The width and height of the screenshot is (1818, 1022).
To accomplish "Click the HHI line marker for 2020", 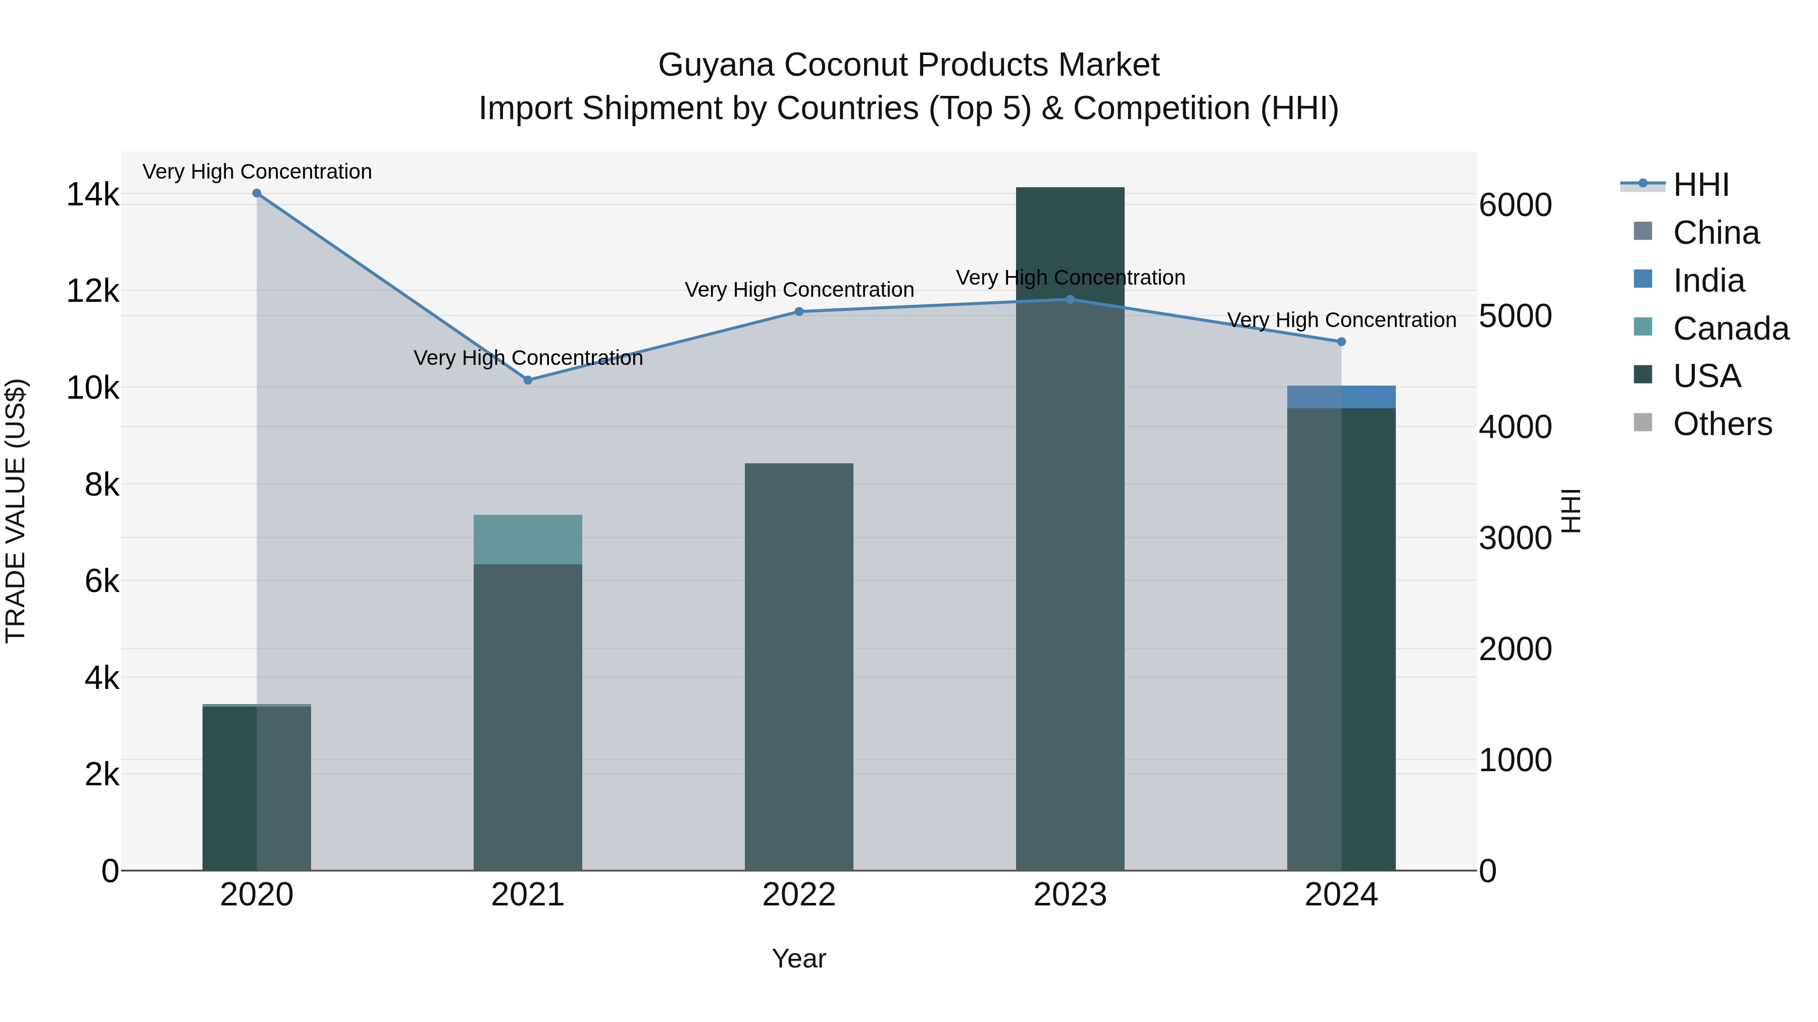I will point(257,193).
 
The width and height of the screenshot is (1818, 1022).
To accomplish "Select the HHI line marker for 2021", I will point(528,380).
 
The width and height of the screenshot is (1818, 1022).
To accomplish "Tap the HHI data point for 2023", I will point(1070,299).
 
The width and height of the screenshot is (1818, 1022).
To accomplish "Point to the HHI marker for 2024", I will point(1342,341).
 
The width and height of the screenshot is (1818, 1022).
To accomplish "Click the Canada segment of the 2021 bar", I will point(528,540).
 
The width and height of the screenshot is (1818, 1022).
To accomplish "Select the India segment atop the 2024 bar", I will point(1342,397).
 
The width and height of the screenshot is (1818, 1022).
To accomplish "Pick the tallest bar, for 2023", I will point(1070,529).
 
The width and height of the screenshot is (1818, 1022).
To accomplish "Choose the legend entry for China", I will point(1715,233).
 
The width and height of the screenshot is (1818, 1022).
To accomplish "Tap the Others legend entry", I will point(1722,424).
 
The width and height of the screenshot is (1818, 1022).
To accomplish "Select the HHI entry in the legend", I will point(1700,185).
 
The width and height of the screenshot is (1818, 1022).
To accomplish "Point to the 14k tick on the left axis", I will point(92,195).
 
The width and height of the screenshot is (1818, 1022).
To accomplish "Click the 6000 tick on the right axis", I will point(1515,205).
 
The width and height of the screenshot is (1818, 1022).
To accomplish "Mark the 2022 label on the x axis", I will point(799,895).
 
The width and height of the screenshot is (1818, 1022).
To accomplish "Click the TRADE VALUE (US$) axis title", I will point(16,511).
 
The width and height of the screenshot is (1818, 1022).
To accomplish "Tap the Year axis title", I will point(799,958).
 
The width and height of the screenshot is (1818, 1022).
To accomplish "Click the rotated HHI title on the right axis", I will point(1571,511).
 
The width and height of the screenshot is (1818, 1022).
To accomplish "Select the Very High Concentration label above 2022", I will point(799,290).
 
